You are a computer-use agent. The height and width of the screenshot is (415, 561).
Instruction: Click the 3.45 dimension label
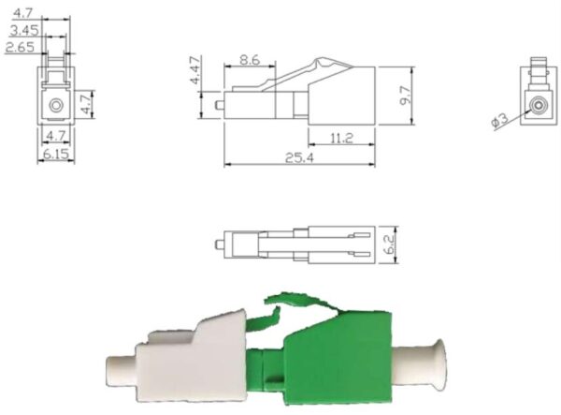(x=24, y=30)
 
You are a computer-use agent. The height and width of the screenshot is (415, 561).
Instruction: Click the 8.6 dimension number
(x=250, y=58)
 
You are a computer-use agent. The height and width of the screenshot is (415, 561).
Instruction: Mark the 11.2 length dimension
(x=341, y=139)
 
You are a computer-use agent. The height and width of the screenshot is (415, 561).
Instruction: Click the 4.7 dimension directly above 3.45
(x=19, y=13)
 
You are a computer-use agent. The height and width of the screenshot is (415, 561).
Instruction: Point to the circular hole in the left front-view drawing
(x=56, y=105)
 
